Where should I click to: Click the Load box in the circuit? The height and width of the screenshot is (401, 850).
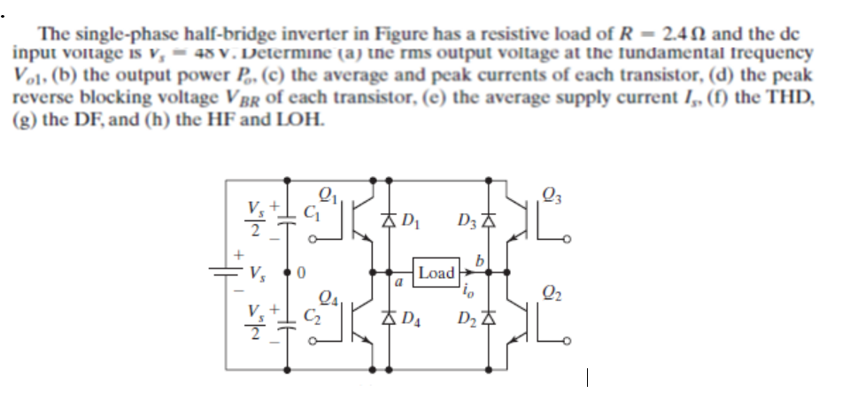coord(437,274)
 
